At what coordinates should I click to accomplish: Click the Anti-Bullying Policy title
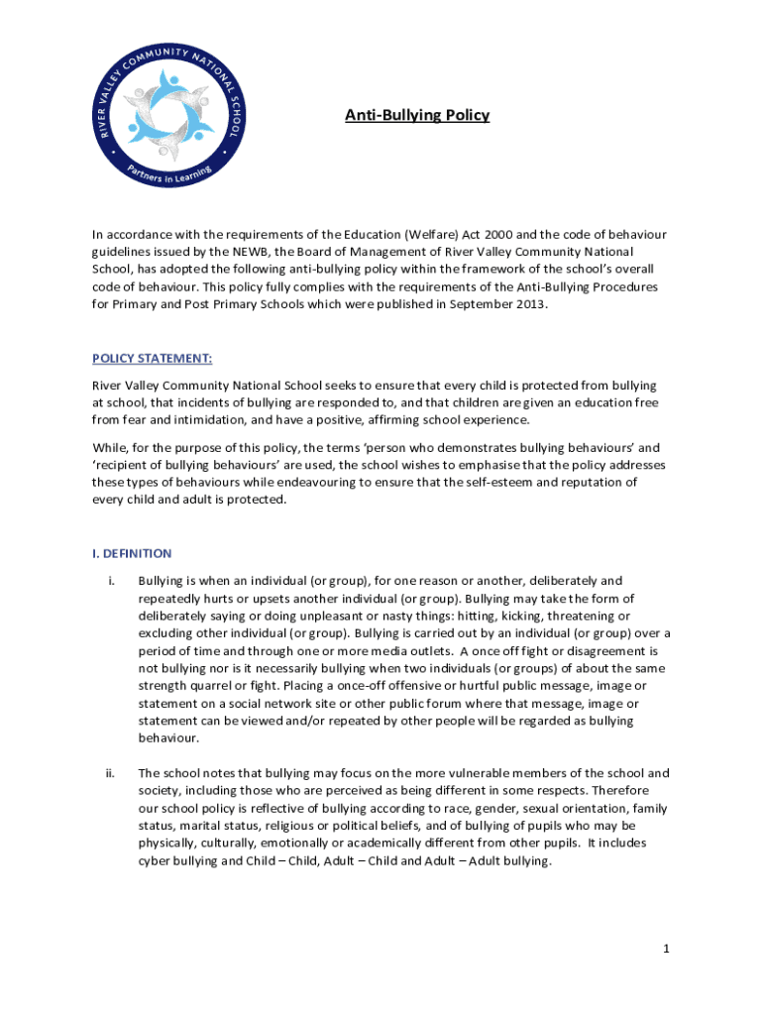coord(416,116)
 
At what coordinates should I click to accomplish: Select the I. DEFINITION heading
coord(132,553)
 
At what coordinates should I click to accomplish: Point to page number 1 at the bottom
coord(667,949)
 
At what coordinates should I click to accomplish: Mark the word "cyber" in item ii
coord(155,860)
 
